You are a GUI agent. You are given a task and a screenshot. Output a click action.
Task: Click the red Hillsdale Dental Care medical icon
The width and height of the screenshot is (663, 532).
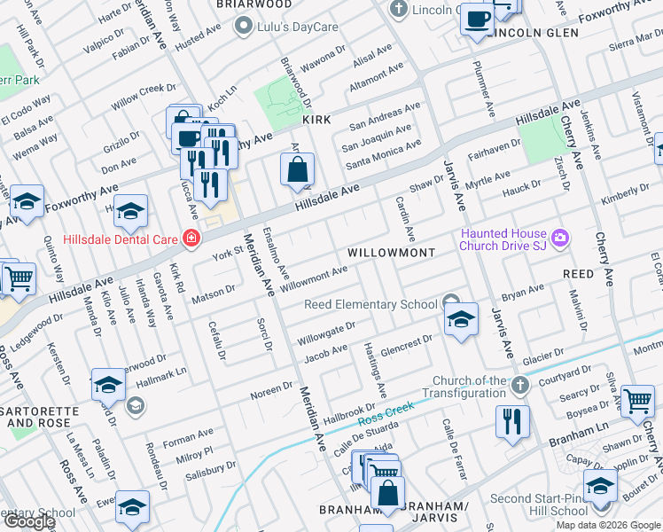[x=190, y=238]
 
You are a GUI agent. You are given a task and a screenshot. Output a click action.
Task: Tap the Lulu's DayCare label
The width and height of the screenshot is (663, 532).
[x=297, y=27]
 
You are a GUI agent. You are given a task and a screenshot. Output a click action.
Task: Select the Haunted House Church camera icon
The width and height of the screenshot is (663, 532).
[x=559, y=237]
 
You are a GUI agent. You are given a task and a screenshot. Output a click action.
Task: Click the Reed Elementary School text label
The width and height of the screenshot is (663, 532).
[x=370, y=304]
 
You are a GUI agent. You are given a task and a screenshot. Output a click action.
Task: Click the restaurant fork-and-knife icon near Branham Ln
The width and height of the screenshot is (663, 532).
[x=512, y=421]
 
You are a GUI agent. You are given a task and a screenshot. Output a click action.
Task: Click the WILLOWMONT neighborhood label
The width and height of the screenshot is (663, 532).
[x=391, y=253]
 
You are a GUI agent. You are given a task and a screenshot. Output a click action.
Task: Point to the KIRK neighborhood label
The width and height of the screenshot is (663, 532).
[x=316, y=119]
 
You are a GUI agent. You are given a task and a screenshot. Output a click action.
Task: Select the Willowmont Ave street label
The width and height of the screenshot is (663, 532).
[x=314, y=278]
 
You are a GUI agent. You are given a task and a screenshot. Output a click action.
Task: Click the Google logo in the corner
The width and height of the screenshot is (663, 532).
[x=29, y=521]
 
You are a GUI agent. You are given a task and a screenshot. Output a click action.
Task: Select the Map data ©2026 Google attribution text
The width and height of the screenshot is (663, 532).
[x=608, y=525]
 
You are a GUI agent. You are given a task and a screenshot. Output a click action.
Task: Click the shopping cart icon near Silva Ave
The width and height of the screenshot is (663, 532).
[x=637, y=401]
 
